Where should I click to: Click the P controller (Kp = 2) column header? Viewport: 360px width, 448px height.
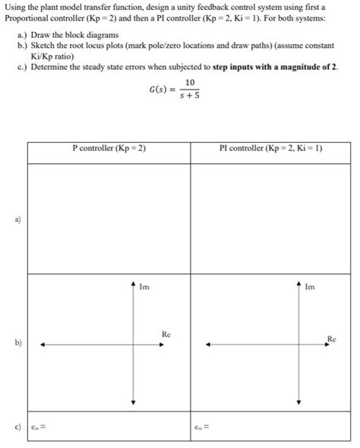(109, 148)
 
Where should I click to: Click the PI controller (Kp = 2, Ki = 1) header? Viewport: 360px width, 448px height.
(270, 148)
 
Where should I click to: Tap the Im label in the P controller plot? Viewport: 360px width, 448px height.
(144, 286)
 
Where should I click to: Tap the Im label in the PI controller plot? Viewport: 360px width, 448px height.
(311, 286)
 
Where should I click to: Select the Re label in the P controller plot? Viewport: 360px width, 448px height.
(166, 334)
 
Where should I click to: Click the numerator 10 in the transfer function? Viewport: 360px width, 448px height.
(189, 82)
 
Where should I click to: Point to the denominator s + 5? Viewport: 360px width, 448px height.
(189, 96)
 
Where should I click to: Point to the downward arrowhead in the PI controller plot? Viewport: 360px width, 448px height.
(299, 402)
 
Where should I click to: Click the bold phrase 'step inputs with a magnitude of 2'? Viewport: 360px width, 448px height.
(273, 68)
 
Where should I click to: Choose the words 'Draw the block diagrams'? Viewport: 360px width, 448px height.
(75, 36)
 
